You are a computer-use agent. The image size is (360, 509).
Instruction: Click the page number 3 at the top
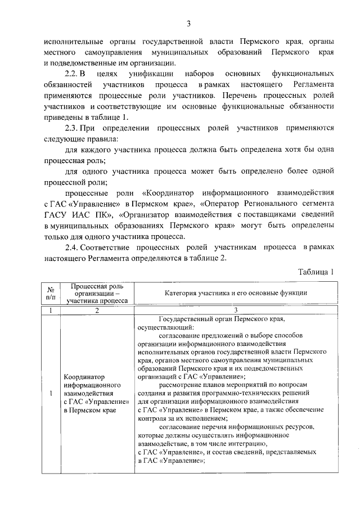point(189,24)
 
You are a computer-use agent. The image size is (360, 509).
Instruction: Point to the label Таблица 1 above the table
point(316,272)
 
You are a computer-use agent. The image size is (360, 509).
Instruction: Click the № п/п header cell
point(51,293)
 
